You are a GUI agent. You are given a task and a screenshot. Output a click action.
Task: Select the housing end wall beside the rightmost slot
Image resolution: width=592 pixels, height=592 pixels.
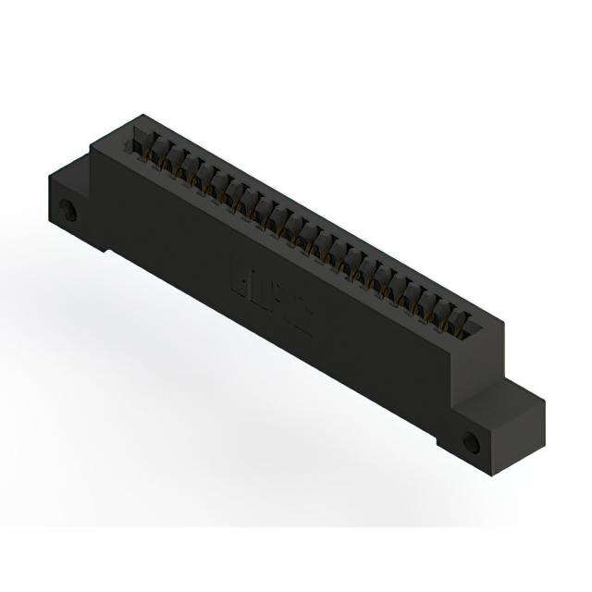tap(481, 339)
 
